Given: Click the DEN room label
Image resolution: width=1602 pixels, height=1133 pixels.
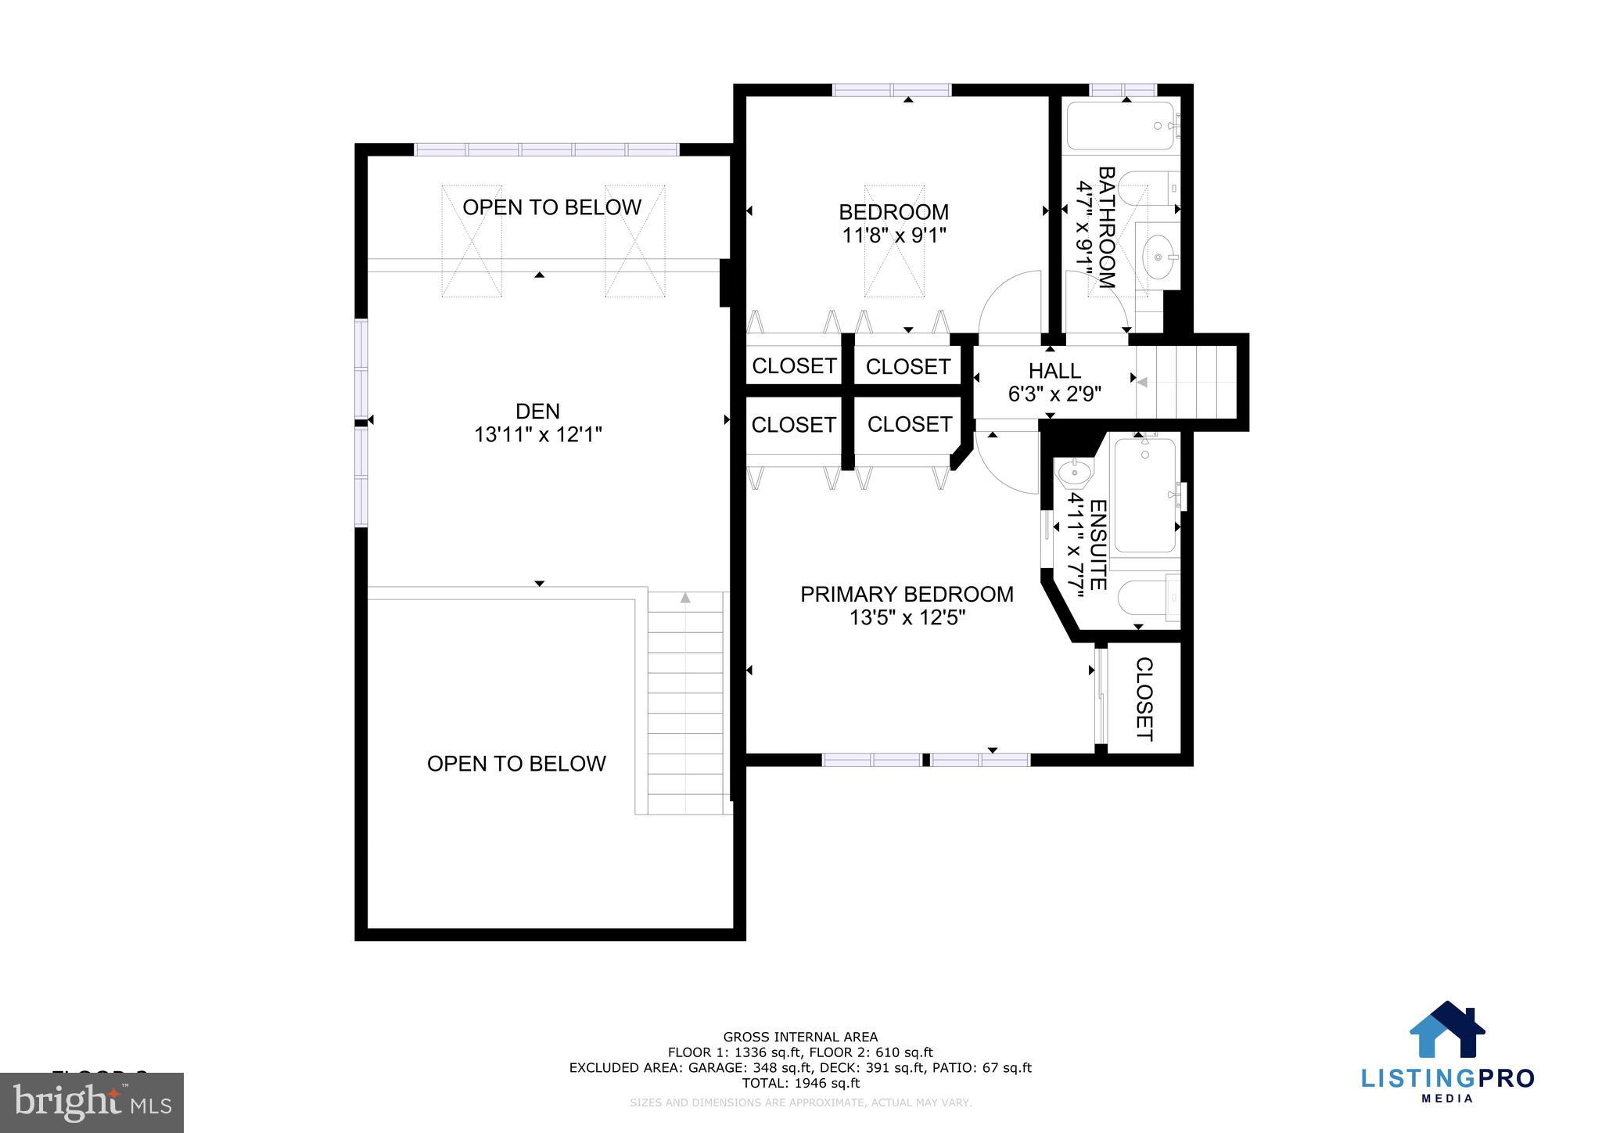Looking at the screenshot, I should tap(537, 411).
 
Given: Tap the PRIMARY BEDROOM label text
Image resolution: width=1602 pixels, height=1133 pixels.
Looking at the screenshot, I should tap(906, 594).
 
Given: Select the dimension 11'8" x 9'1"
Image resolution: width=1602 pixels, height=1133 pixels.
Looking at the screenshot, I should tap(893, 236).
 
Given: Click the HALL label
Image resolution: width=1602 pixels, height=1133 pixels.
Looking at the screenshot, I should tap(1054, 370).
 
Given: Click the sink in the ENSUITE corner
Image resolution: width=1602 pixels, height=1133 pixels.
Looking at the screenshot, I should tap(1075, 473).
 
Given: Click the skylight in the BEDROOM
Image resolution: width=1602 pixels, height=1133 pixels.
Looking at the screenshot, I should tap(893, 241).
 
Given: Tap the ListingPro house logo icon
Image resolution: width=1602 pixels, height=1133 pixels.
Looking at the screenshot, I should tap(1446, 1030).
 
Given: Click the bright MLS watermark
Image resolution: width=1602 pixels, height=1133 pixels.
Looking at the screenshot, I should tap(92, 1102).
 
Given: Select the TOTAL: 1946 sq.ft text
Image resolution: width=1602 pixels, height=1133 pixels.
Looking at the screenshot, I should tap(800, 1083).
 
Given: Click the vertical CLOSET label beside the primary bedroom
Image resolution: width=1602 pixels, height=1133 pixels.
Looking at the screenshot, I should tap(1144, 699).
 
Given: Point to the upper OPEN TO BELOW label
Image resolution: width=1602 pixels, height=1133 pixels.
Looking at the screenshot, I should tap(551, 207).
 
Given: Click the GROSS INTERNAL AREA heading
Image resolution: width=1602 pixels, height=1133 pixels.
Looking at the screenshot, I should tap(800, 1037).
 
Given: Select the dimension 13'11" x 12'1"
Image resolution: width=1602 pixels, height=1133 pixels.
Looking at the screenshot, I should tap(537, 434).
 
